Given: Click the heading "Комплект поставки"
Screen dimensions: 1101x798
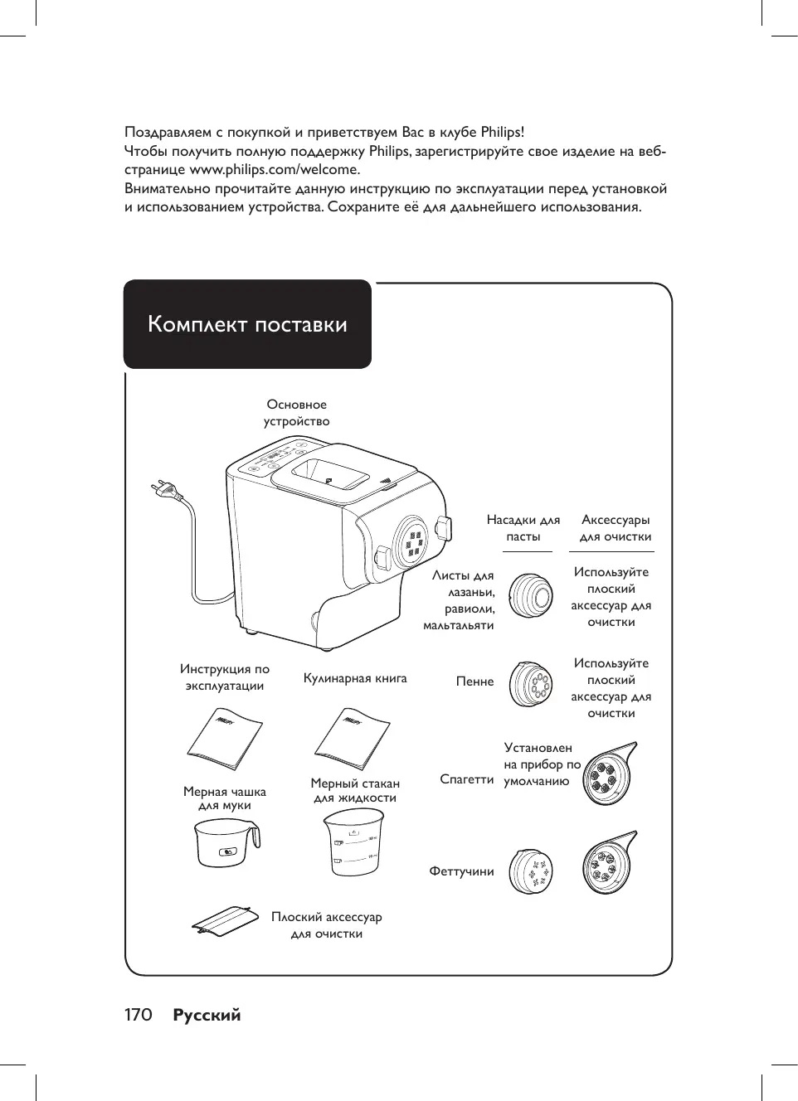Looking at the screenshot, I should [247, 324].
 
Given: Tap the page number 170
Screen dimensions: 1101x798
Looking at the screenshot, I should [139, 1016].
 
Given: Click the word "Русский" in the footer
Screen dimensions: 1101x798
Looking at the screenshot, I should [207, 1016].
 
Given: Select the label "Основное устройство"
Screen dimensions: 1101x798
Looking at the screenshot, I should [297, 413].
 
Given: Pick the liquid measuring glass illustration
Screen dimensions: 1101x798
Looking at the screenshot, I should [353, 842].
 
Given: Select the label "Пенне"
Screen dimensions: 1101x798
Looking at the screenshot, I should [474, 681].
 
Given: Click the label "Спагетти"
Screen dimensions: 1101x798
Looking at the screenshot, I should [466, 779].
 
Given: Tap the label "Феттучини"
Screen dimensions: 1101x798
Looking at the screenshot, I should [461, 871].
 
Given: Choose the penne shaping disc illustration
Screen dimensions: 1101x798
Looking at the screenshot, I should [531, 685].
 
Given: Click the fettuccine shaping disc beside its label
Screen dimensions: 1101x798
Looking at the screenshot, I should [531, 871].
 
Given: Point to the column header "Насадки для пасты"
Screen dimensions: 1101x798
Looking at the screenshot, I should [523, 528].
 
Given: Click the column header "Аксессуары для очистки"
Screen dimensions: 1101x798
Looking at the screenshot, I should [616, 528].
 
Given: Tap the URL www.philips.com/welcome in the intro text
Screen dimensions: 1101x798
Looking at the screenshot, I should [275, 170].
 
